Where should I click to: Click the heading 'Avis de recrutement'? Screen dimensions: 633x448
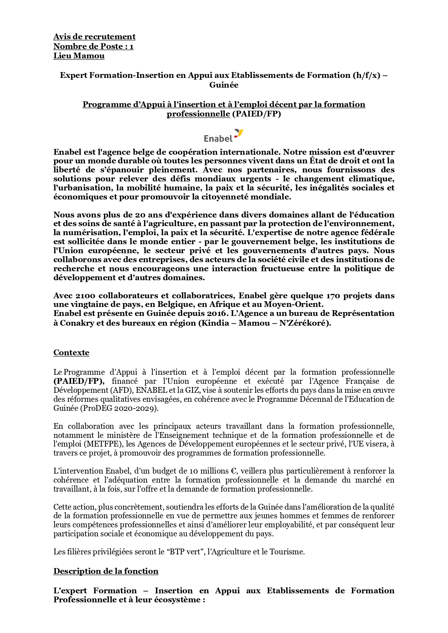94,37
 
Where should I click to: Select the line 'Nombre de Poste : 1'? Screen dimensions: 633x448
93,47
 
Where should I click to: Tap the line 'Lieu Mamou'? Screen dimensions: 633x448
79,56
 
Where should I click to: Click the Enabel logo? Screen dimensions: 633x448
223,136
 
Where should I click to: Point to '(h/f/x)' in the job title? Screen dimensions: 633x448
367,75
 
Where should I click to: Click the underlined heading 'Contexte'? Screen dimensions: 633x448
71,353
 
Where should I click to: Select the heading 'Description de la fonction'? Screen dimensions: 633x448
106,571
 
